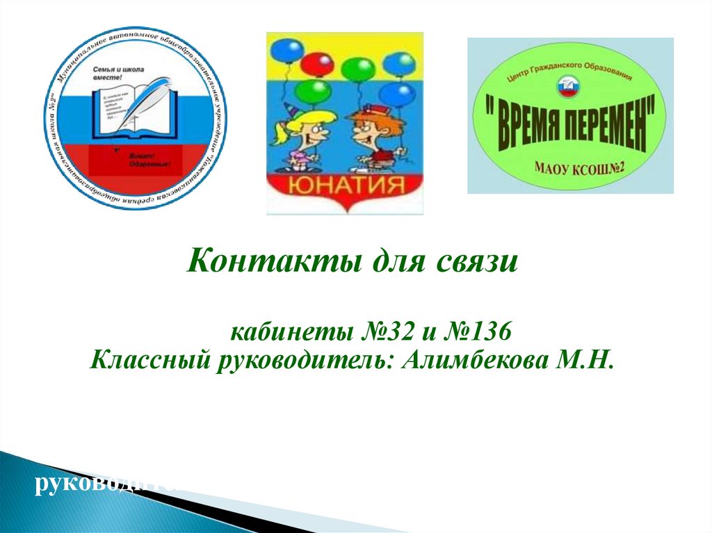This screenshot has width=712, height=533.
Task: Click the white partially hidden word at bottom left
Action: (104, 484)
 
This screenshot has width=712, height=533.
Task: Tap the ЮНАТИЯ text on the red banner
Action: (344, 186)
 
